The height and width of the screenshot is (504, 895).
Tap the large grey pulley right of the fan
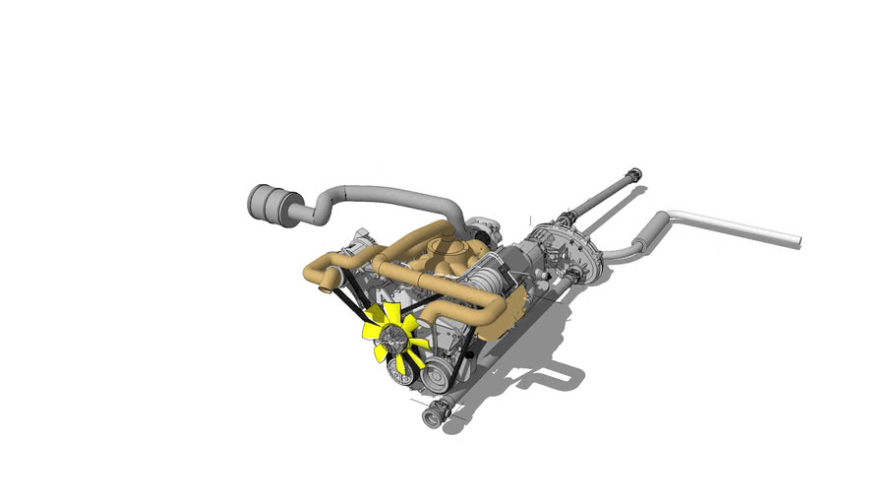click(x=436, y=372)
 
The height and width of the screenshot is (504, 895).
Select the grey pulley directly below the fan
click(x=400, y=371)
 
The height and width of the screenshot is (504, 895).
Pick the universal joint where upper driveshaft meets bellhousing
click(x=565, y=219)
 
